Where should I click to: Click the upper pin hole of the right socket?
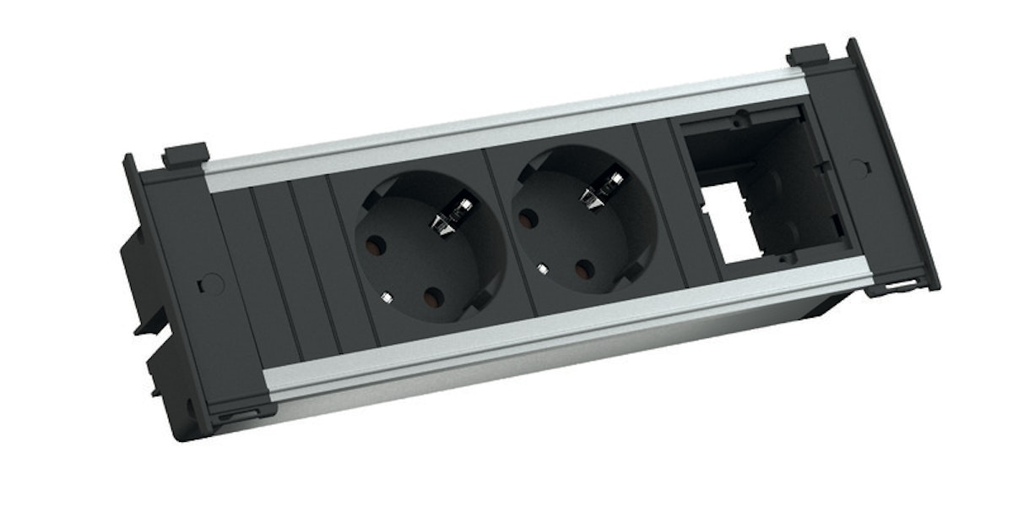pos(530,220)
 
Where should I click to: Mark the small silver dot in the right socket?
pos(541,270)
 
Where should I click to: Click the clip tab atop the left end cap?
pos(186,154)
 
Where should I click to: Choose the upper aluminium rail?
pos(506,127)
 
